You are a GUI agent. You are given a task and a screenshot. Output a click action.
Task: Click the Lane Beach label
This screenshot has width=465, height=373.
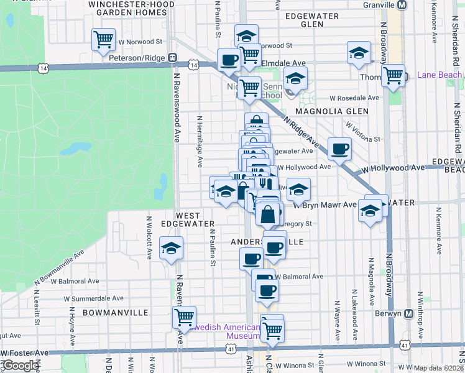coord(440,75)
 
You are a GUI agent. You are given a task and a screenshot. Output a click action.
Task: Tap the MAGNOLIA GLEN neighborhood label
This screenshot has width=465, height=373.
coord(332,111)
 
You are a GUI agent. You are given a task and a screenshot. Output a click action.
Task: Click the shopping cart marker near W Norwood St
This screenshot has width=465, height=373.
coord(104,39)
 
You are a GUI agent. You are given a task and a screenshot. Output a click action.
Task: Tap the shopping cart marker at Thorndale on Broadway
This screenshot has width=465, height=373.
coord(393,76)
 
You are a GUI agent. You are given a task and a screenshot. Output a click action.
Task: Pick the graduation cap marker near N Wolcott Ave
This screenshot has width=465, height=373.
coord(171,248)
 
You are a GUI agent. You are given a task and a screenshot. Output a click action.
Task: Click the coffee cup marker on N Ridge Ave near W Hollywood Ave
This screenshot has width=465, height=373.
coord(339,149)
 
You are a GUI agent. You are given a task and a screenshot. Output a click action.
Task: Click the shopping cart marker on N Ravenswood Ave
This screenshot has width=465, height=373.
coord(184,316)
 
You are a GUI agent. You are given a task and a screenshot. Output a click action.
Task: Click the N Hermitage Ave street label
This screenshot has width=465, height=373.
coord(200,141)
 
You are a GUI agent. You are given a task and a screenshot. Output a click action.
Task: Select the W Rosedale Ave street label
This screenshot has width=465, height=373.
coord(354,98)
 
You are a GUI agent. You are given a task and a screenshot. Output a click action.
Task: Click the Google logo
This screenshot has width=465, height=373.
coord(21,366)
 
